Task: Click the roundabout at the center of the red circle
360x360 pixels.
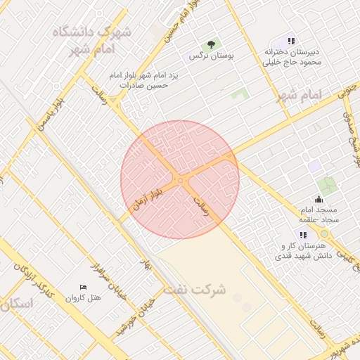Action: click(181, 180)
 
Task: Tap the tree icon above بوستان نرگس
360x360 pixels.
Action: click(208, 44)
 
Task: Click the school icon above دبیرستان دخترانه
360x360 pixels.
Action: click(292, 41)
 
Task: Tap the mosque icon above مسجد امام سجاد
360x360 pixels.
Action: click(319, 199)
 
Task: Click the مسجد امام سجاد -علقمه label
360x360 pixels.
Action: click(319, 215)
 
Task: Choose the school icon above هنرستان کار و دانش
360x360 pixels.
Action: click(303, 235)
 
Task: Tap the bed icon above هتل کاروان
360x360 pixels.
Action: click(84, 288)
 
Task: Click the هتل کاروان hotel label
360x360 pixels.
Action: click(84, 298)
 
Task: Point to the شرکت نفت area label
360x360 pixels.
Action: click(195, 289)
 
